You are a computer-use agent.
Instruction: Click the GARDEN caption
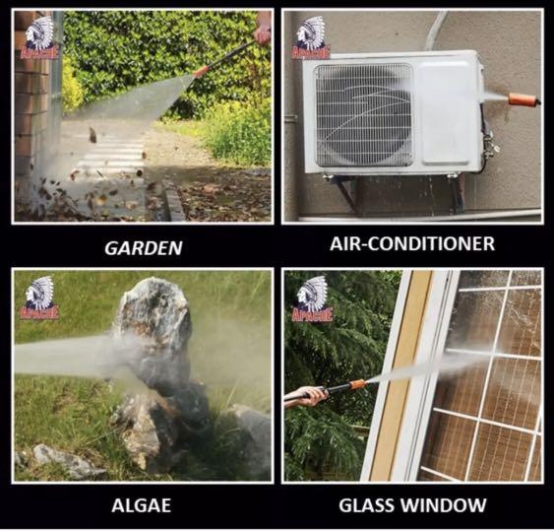click(x=144, y=248)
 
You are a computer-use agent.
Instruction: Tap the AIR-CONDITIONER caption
click(x=412, y=243)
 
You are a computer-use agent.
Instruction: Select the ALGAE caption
click(x=142, y=505)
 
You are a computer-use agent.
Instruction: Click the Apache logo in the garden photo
click(x=39, y=38)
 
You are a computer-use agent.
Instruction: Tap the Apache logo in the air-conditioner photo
click(x=311, y=37)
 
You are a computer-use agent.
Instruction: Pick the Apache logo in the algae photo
click(x=39, y=298)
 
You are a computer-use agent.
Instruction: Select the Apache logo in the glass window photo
click(x=312, y=299)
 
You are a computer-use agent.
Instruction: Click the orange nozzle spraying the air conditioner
click(x=524, y=99)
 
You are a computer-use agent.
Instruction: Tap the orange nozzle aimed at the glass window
click(x=357, y=384)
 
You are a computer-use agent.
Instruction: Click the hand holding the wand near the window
click(x=307, y=395)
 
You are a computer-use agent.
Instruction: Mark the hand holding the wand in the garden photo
click(x=263, y=33)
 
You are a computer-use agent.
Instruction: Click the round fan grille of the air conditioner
click(x=364, y=115)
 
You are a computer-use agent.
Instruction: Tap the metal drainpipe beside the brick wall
click(x=56, y=89)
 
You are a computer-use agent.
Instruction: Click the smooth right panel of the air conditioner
click(x=447, y=113)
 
